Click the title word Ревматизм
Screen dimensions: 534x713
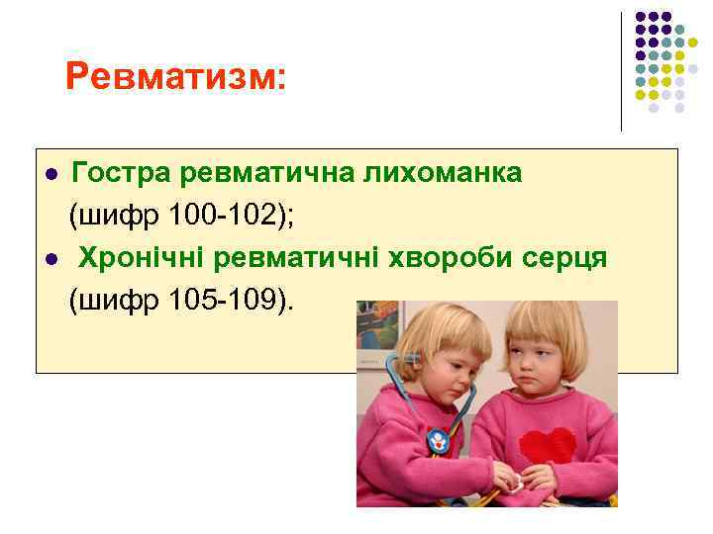coord(174,76)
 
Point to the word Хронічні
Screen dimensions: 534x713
coord(145,257)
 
